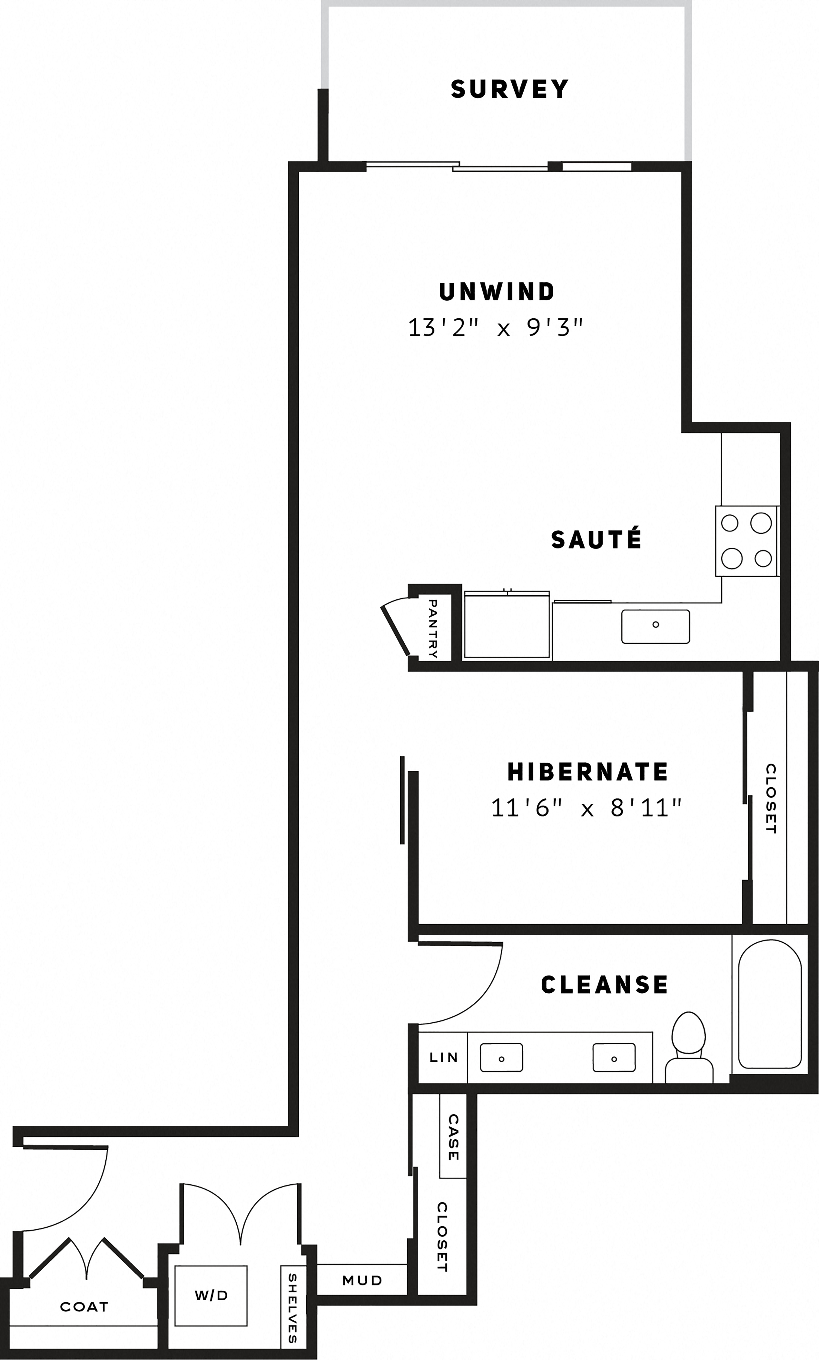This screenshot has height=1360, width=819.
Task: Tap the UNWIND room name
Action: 497,292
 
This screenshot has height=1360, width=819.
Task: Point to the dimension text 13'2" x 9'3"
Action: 495,328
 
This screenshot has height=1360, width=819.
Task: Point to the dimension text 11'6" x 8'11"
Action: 587,808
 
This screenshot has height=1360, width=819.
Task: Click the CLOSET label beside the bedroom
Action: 771,799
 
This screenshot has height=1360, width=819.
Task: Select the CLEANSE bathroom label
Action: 604,985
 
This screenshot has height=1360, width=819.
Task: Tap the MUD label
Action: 362,1280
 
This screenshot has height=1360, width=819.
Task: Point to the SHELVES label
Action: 292,1308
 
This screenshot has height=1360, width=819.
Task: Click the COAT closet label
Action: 84,1306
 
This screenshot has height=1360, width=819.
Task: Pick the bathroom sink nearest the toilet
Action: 614,1057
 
